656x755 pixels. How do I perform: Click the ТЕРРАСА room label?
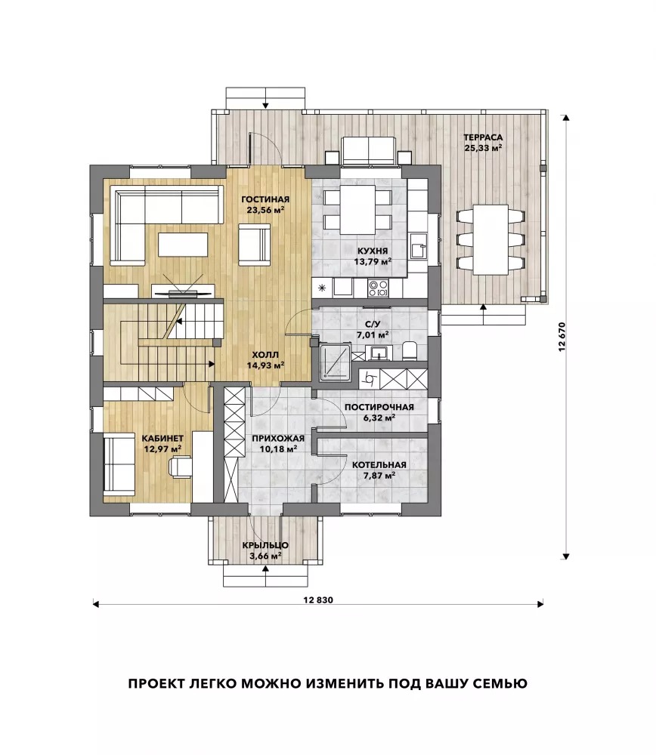tap(483, 137)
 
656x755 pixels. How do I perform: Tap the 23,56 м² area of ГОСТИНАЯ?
tap(265, 209)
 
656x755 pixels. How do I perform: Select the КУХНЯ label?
tap(373, 251)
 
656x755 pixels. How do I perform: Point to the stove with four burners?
tap(379, 288)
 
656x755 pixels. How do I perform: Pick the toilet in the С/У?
tap(410, 351)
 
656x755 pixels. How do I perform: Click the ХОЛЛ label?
tap(265, 356)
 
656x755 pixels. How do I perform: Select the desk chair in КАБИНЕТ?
tap(180, 466)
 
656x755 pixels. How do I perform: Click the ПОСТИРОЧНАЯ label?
tap(379, 408)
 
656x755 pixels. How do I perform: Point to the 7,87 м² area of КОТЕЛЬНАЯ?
tap(379, 475)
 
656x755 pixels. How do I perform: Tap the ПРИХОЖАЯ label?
tap(278, 439)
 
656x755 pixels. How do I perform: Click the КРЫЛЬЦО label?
tap(265, 546)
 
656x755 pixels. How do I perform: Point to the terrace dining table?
tap(490, 239)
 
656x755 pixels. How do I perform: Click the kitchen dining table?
tap(357, 209)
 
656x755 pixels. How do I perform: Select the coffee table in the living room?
tap(183, 245)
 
